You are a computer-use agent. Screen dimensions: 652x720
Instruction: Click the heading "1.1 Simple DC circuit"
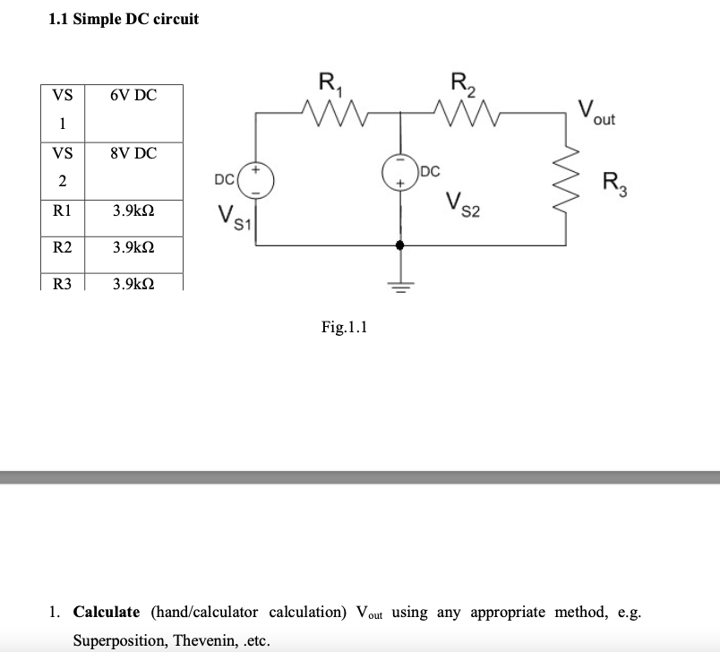click(124, 19)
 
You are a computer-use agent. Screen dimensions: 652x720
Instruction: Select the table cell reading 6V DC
click(133, 95)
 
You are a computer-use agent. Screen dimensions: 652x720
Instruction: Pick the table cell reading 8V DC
click(133, 153)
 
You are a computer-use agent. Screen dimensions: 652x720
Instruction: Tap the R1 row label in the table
click(63, 212)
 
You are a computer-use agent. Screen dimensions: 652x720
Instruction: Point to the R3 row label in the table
click(63, 284)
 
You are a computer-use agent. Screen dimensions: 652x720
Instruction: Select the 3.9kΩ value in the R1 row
click(133, 212)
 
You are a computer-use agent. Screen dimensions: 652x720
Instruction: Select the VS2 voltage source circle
click(399, 172)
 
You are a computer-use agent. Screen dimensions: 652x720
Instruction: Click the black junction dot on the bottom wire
click(400, 244)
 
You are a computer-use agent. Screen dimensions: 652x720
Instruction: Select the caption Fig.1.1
click(345, 328)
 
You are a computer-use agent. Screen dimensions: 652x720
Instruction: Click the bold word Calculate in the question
click(107, 613)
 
